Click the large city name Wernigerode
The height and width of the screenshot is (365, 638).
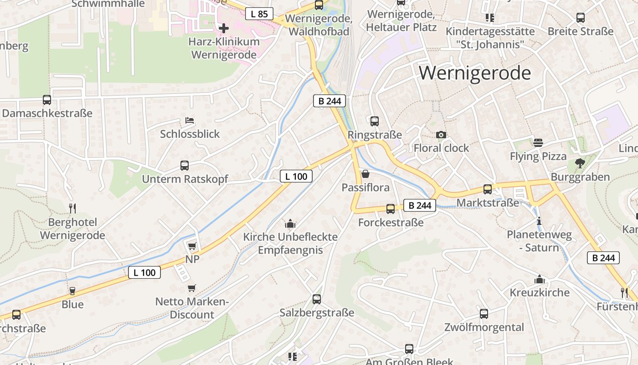point(475,73)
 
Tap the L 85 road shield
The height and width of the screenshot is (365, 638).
point(259,14)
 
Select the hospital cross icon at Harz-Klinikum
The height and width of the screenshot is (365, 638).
point(223,28)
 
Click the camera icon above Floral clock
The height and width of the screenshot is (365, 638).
point(441,135)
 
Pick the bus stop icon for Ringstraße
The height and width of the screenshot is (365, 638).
point(375,121)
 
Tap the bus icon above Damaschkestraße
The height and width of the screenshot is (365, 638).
point(47,99)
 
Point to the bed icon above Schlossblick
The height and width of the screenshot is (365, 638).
point(190,120)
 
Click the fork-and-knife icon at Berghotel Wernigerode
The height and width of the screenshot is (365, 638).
point(72,208)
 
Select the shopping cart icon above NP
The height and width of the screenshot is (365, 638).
point(192,246)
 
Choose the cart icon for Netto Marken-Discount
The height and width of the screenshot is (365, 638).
point(192,288)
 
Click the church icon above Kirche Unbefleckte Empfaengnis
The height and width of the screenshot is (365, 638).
point(290,224)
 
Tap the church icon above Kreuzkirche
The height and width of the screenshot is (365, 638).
point(540,279)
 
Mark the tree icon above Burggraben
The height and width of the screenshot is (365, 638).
point(580,163)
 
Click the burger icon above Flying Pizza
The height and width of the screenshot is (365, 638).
point(538,142)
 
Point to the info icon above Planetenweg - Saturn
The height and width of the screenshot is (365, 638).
point(539,221)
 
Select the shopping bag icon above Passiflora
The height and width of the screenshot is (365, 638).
point(365,174)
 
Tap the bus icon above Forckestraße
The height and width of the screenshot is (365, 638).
point(391,209)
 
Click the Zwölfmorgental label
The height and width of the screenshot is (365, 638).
point(484,327)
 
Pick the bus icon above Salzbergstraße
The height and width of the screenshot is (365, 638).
point(317,299)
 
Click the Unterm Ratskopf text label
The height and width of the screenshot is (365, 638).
point(185,179)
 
